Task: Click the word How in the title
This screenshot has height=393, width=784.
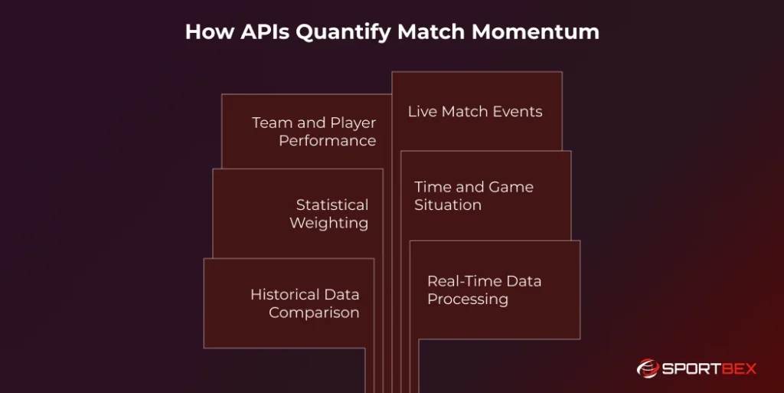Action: click(207, 32)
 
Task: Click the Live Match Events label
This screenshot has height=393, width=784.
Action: click(475, 112)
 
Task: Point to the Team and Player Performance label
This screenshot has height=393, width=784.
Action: click(314, 132)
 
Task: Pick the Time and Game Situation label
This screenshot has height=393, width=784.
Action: click(473, 196)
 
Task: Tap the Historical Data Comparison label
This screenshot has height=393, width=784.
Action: click(305, 303)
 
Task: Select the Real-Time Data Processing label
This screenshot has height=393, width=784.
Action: click(484, 290)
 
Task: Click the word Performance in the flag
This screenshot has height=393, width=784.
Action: click(327, 141)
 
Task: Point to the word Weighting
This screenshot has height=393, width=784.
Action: click(328, 224)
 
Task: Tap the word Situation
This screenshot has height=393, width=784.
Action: click(448, 205)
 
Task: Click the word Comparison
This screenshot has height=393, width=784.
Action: click(314, 313)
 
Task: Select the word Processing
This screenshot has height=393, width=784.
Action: click(467, 300)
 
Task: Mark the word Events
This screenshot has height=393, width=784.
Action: click(518, 112)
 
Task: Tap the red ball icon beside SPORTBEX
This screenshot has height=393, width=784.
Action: click(648, 369)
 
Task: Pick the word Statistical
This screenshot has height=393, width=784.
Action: click(332, 205)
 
